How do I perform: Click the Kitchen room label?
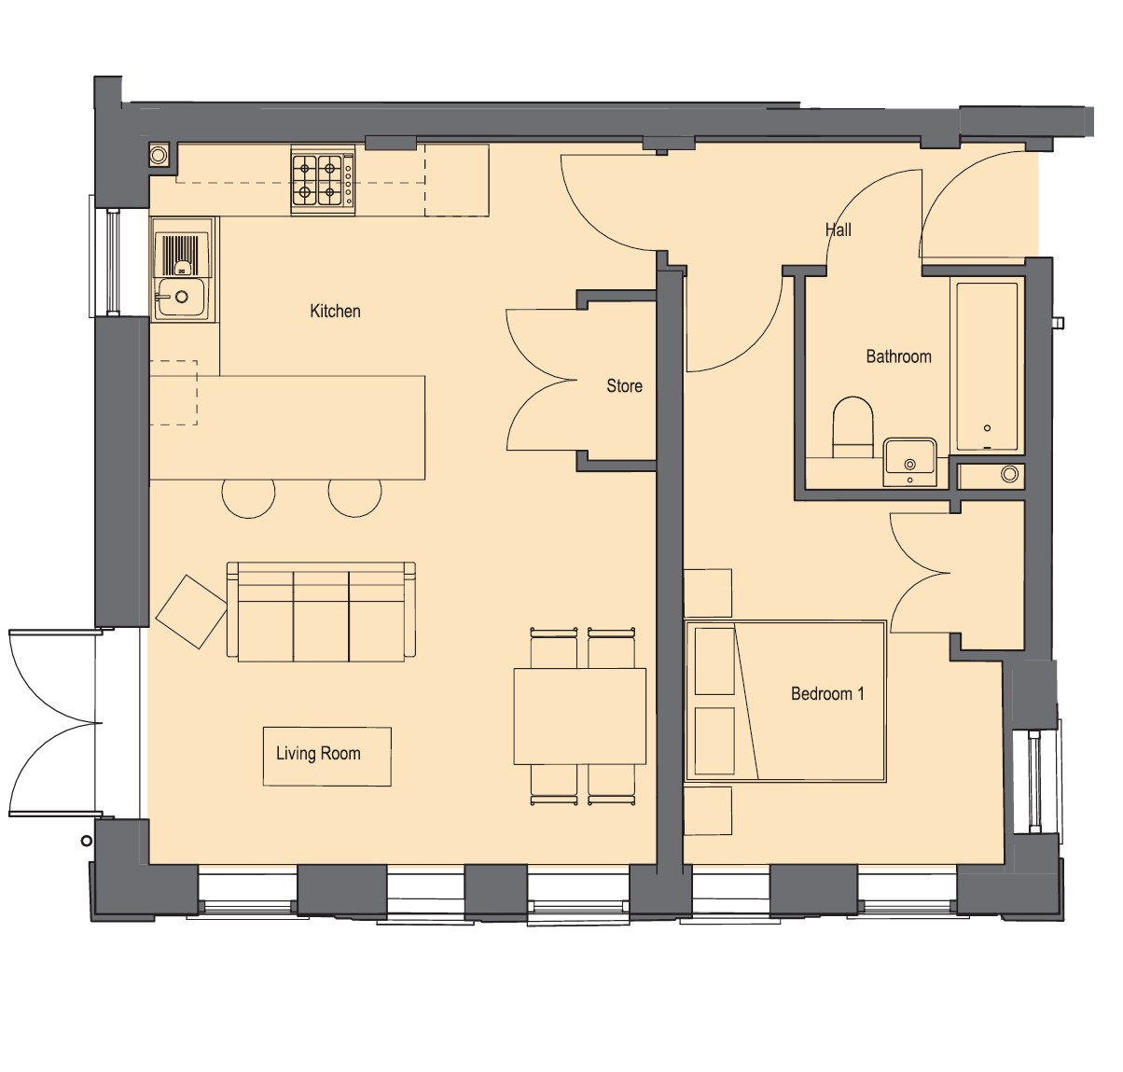(x=335, y=312)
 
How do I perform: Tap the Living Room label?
(x=318, y=753)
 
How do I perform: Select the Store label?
(x=624, y=386)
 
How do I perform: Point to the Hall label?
(x=838, y=230)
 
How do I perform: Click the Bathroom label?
(x=898, y=356)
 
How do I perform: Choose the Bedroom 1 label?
(x=827, y=694)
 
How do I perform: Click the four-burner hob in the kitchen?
(x=323, y=180)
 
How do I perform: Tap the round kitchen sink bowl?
(x=181, y=297)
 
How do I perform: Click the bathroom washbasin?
(x=909, y=462)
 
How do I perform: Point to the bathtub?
(x=987, y=366)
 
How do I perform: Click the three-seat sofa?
(x=321, y=611)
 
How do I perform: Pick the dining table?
(x=580, y=716)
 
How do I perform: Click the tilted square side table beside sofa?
(x=191, y=612)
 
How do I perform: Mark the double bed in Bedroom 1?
(x=785, y=702)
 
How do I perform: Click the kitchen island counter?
(x=287, y=427)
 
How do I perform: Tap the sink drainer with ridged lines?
(x=182, y=255)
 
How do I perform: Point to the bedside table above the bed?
(x=708, y=593)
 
